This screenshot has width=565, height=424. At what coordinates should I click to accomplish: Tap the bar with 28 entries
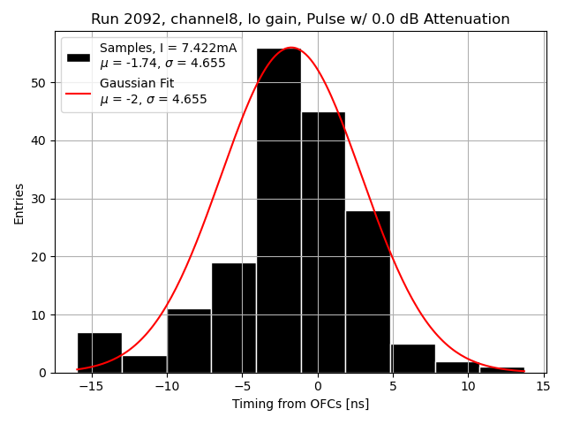[x=367, y=291]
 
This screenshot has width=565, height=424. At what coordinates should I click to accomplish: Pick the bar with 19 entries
[x=234, y=318]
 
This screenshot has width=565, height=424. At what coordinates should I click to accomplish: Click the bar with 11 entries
[x=189, y=341]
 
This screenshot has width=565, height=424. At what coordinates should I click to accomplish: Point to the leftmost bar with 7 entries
[x=99, y=352]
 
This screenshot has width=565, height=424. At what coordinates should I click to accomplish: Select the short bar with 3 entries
[x=144, y=364]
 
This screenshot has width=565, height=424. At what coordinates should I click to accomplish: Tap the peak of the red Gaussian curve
[x=290, y=48]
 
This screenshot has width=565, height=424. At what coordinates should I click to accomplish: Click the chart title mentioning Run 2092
[x=300, y=19]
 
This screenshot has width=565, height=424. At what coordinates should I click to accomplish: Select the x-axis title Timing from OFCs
[x=300, y=404]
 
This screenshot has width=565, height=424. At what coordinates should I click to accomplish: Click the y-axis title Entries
[x=19, y=203]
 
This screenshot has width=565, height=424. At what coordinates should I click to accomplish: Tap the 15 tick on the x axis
[x=542, y=386]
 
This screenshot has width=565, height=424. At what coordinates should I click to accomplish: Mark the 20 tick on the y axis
[x=41, y=257]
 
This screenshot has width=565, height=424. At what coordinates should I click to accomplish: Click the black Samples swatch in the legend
[x=79, y=56]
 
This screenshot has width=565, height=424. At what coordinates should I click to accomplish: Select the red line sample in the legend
[x=79, y=91]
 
